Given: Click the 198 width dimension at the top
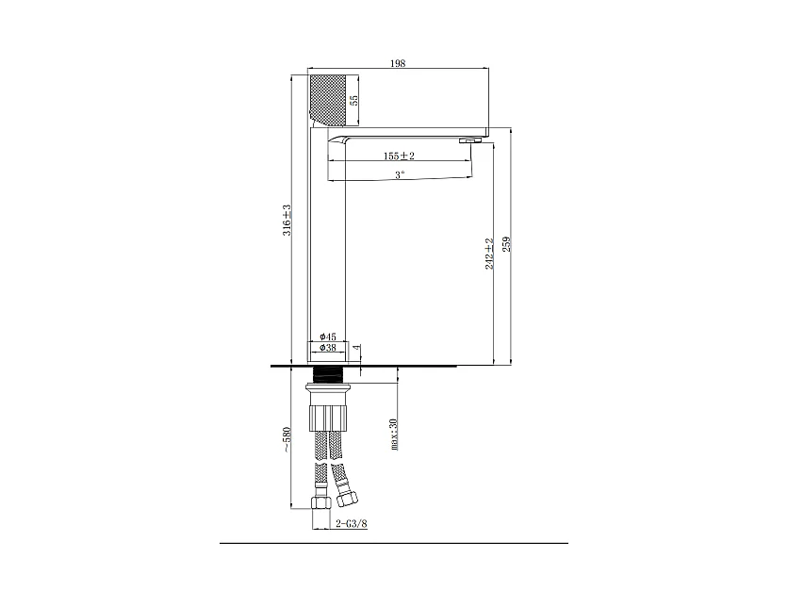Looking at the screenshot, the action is tap(398, 63).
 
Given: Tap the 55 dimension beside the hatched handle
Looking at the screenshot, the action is tap(353, 100).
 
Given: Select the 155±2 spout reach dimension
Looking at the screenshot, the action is tap(399, 156).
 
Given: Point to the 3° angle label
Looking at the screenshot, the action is tap(400, 175).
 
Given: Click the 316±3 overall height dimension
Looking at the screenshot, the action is tap(287, 221).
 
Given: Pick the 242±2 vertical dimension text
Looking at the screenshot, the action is tap(489, 254).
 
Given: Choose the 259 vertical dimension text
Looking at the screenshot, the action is tap(506, 244).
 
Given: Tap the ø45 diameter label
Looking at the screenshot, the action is tap(328, 337).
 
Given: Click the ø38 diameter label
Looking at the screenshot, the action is tap(328, 347).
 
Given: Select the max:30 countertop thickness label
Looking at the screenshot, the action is tap(393, 435).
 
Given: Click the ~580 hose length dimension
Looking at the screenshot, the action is tap(287, 439).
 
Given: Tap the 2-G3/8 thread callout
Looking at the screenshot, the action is tap(352, 524).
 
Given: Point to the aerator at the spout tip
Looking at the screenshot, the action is tap(470, 140).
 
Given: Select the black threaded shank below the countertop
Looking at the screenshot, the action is tap(328, 374).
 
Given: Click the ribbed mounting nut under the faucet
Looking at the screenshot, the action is tap(328, 419).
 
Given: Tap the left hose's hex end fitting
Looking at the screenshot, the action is tap(320, 502).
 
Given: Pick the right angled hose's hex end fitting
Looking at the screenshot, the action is tap(346, 499).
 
